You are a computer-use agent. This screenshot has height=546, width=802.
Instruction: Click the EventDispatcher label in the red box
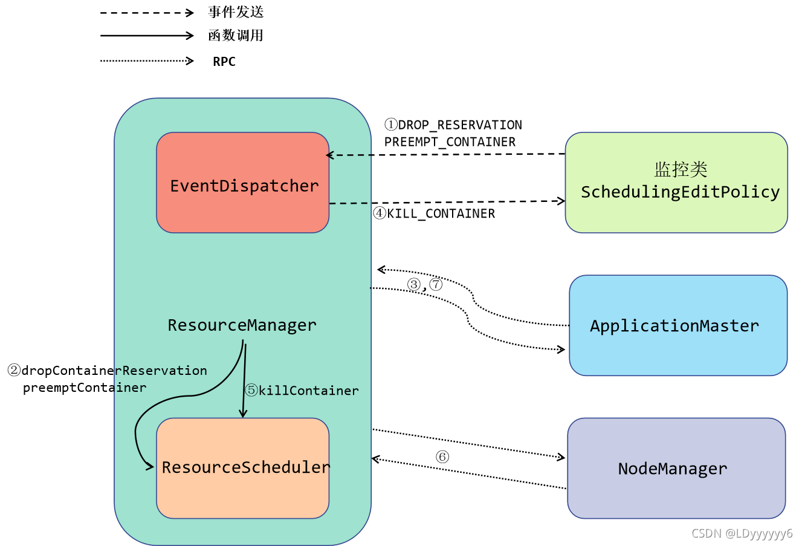pos(244,186)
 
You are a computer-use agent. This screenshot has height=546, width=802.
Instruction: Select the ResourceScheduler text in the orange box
pos(245,467)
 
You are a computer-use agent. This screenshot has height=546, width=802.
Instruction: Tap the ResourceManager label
pos(242,325)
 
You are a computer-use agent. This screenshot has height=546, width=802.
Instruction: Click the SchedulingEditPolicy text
pos(680,192)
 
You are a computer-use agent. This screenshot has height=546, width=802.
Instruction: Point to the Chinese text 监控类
pos(681,169)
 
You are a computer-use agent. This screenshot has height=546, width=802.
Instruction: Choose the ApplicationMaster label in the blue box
pos(674,326)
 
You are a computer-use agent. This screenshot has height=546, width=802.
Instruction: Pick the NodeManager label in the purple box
pos(673,469)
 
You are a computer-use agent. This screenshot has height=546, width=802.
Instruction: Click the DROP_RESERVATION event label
pos(460,125)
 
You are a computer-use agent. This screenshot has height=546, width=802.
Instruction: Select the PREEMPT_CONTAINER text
pos(450,142)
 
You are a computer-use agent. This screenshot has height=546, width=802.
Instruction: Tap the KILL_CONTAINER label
pos(441,213)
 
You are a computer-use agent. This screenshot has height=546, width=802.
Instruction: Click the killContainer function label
pos(308,391)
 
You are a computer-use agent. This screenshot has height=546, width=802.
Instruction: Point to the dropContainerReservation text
pos(114,371)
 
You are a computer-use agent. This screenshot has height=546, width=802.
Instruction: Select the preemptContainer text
pos(85,388)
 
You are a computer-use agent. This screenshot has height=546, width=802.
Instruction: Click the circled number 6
pos(442,457)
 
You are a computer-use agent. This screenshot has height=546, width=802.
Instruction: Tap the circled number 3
pos(414,284)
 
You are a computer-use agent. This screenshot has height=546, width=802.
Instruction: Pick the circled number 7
pos(436,284)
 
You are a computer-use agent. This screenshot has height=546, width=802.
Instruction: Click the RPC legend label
pos(224,62)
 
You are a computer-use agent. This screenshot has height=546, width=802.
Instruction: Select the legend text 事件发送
pos(236,12)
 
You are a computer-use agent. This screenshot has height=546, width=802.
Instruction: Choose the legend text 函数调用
pos(236,36)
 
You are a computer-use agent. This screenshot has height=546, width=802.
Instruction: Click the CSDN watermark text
pos(742,533)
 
